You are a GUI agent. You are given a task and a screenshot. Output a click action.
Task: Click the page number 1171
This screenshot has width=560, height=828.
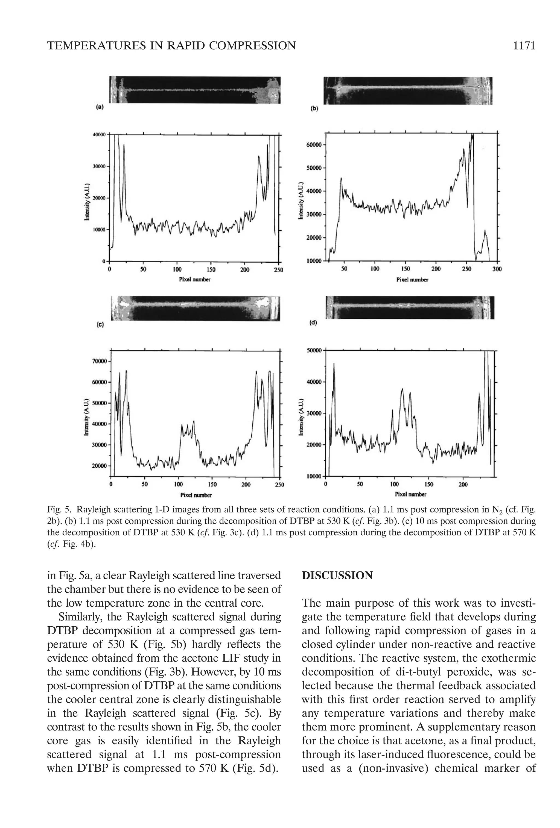[x=524, y=46]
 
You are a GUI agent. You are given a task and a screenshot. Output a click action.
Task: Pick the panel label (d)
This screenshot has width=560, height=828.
[x=313, y=323]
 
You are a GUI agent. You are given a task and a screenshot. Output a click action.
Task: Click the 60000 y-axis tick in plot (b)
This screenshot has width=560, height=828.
[x=313, y=145]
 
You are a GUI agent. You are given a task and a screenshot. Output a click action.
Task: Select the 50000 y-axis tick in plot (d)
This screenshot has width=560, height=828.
[x=314, y=351]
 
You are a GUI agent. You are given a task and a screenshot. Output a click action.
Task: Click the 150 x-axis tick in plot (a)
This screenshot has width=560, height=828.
[x=211, y=270]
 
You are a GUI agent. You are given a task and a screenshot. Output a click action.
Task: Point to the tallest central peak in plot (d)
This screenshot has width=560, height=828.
[x=402, y=389]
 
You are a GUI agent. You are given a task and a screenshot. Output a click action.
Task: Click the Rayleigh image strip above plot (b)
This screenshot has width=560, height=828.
[x=408, y=90]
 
